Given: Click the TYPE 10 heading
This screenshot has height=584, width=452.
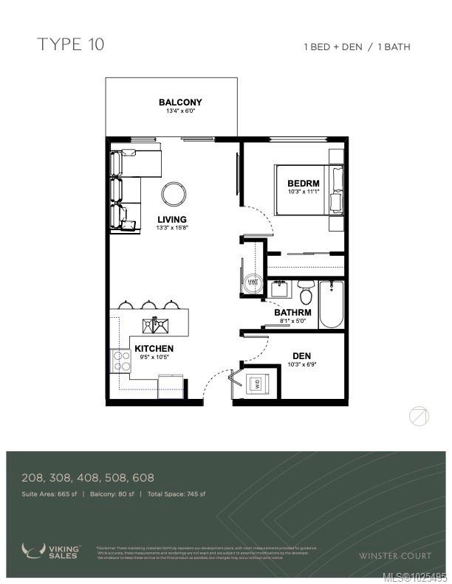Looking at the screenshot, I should tap(71, 44).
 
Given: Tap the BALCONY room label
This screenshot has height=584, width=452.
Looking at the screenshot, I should tap(180, 102).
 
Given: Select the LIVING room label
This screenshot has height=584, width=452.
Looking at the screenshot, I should tap(171, 220).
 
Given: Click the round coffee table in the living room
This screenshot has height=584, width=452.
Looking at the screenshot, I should tap(174, 194).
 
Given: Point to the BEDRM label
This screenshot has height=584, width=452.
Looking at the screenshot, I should tap(303, 184).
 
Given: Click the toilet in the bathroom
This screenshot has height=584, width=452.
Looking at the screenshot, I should tap(306, 293).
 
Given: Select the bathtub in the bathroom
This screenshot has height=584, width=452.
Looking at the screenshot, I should tap(331, 305).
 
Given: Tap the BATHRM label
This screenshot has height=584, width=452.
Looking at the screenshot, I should tap(292, 313).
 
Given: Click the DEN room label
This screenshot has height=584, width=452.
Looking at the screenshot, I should tap(301, 355).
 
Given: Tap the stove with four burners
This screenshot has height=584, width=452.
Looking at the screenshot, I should tap(120, 360).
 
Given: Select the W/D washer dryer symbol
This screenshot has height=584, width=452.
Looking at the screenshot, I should tap(257, 383).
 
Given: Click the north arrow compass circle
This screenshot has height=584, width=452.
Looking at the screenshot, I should tap(419, 417).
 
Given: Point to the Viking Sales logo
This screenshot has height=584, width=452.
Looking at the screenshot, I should tap(52, 551).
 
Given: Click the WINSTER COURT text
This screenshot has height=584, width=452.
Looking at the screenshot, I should tap(391, 555).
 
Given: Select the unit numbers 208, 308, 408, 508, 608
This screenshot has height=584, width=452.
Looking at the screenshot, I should tap(88, 478).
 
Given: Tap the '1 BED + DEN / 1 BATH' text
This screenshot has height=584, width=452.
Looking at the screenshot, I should tap(357, 46).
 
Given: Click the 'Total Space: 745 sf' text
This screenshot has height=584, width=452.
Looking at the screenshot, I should tap(177, 494).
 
